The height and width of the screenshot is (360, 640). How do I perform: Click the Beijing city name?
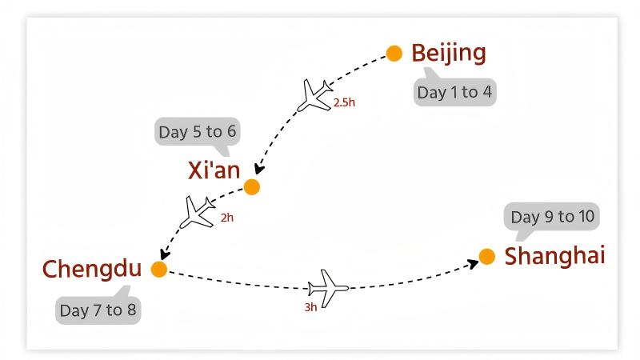click(448, 53)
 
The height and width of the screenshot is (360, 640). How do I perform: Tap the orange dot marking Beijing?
click(394, 54)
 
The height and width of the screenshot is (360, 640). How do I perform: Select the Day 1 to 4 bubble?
click(454, 92)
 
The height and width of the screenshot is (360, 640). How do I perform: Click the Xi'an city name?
click(214, 170)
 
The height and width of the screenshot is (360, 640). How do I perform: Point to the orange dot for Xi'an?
click(252, 187)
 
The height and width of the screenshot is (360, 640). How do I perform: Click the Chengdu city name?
click(91, 269)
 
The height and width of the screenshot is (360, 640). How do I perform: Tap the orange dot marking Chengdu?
click(159, 270)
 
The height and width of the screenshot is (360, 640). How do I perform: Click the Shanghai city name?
click(554, 256)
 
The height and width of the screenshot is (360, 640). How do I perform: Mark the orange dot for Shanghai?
click(486, 257)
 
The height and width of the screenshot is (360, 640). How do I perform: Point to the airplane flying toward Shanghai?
click(328, 285)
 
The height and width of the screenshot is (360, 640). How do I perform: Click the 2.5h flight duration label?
click(343, 103)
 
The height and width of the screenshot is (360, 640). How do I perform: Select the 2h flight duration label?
click(227, 217)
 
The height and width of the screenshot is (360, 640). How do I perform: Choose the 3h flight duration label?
click(310, 306)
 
